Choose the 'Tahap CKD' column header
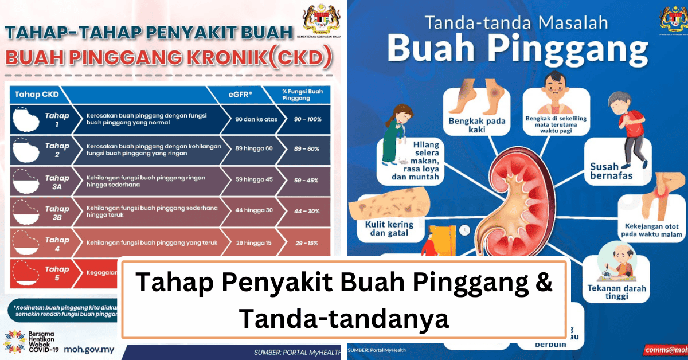(34, 93)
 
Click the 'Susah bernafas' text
(611, 171)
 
